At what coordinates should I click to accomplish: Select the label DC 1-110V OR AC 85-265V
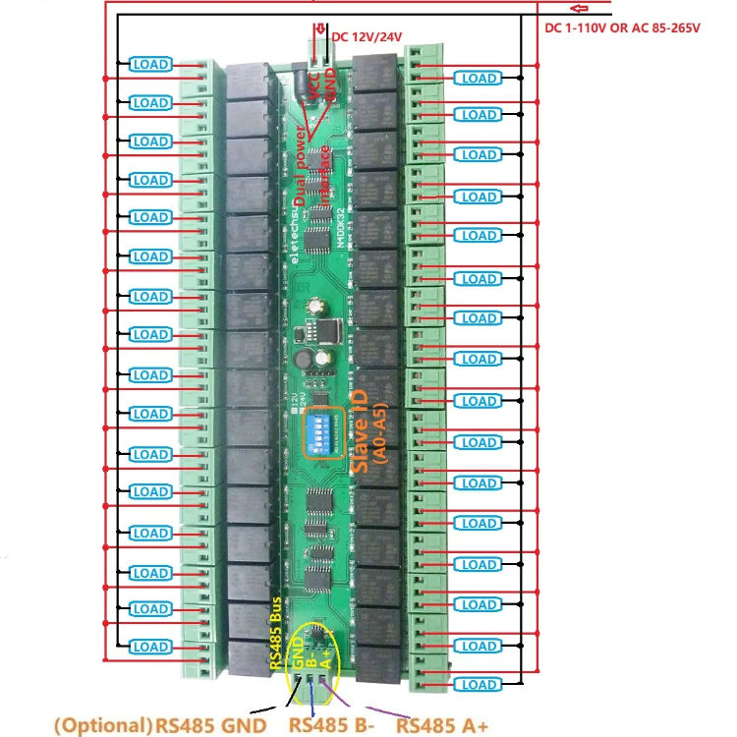(622, 28)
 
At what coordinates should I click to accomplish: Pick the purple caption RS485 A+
(442, 726)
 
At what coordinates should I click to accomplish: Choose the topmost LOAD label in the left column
(150, 65)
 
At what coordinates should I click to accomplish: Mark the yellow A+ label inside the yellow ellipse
(325, 657)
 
